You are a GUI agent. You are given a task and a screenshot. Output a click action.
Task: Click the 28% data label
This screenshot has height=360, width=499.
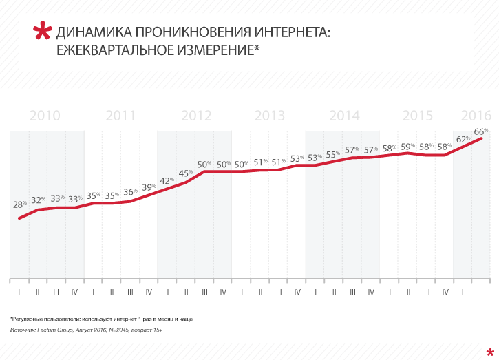coord(19,204)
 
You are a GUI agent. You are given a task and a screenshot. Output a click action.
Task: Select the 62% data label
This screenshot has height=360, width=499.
coord(463,139)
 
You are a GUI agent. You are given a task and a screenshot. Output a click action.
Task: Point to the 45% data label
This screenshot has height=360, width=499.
coord(185,173)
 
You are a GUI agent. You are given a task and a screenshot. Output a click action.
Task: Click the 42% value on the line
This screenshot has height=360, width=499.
coord(167,181)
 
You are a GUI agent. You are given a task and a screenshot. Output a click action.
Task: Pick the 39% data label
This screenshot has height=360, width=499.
coord(148,187)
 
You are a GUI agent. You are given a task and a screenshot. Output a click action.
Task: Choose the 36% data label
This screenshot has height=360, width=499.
coord(130,192)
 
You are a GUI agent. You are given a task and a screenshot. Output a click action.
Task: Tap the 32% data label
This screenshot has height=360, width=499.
coord(38,200)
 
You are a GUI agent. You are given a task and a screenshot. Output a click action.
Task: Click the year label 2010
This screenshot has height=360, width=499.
coord(45,116)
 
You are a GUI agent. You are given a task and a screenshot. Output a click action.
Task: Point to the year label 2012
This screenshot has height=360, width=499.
coord(195,116)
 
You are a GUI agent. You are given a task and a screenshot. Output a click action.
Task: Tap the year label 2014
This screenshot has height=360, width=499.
coord(344,116)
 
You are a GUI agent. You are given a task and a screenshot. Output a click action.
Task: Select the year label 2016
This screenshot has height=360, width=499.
coord(476,116)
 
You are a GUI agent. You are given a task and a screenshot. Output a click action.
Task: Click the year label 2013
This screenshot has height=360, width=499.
coord(270,116)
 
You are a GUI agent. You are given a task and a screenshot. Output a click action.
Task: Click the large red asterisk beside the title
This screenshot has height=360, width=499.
coord(43,32)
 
